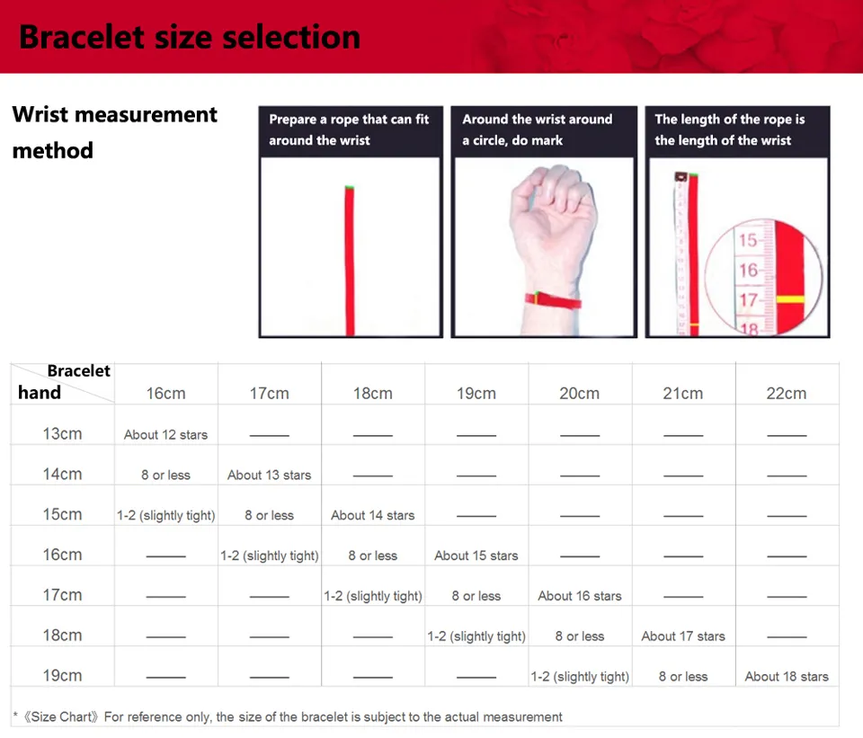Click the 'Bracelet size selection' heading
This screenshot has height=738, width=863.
click(x=190, y=38)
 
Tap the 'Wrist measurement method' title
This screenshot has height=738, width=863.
click(x=114, y=132)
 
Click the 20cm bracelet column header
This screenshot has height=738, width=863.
click(x=580, y=394)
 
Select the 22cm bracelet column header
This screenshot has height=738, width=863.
click(x=787, y=394)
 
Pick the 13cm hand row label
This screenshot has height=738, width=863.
click(x=62, y=433)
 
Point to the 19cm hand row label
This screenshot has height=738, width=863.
click(x=62, y=675)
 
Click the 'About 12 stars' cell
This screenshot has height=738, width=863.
click(x=165, y=435)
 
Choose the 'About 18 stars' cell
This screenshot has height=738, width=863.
click(x=787, y=676)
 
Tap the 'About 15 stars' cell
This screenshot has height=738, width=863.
click(x=476, y=556)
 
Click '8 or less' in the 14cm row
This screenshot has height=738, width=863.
click(x=165, y=475)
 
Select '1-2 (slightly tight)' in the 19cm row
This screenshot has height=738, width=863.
click(x=580, y=676)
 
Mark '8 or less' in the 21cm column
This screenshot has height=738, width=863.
click(x=683, y=676)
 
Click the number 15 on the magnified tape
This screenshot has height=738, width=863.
click(x=748, y=240)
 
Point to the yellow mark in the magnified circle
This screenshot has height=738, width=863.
click(x=790, y=300)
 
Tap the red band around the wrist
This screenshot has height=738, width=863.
click(x=553, y=300)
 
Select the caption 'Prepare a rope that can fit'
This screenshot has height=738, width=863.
click(x=349, y=120)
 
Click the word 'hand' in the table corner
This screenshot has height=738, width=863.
click(x=39, y=393)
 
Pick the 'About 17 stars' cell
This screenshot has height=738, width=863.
click(x=683, y=636)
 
